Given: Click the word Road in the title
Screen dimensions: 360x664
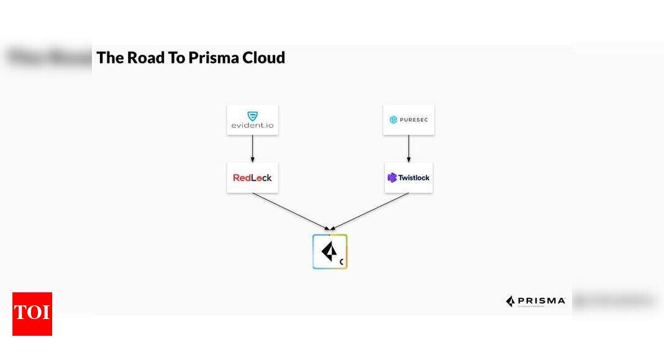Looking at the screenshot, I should click(145, 58).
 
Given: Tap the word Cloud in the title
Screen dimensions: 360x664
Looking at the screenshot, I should click(264, 58).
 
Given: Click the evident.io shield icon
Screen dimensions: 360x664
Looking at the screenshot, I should click(252, 115).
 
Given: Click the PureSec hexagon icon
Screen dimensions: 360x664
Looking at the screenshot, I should click(393, 120).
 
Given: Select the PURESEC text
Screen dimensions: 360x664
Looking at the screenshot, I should click(414, 120).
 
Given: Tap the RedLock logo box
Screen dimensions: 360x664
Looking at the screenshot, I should click(252, 178).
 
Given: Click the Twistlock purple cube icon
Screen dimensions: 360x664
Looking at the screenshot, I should click(392, 178).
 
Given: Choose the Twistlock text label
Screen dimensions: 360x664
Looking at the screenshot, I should click(414, 178).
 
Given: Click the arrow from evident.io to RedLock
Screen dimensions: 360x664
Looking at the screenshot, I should click(252, 149).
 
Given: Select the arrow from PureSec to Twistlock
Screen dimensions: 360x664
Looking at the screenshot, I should click(408, 149).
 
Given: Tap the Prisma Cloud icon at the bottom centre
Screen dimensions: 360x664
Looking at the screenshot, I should click(330, 251).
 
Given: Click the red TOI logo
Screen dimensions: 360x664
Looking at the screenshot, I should click(32, 314).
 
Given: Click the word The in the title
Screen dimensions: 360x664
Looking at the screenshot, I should click(110, 58).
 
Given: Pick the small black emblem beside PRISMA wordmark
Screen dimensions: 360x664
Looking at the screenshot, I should click(511, 302).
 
